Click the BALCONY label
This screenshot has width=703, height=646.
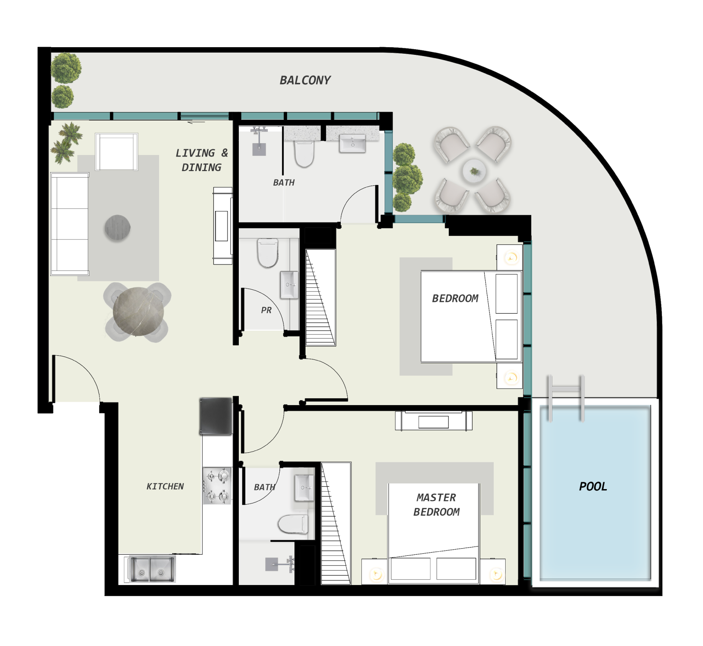[305, 80]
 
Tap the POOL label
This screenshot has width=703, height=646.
[593, 486]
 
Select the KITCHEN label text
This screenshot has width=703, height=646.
[165, 486]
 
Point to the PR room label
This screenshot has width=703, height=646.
[266, 310]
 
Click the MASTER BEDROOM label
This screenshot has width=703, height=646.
[437, 504]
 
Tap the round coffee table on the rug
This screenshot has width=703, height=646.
[118, 228]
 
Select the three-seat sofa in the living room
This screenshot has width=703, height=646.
[70, 224]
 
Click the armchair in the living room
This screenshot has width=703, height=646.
[117, 152]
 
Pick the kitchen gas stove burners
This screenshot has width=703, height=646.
[217, 486]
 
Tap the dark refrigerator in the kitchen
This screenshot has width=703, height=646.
[216, 416]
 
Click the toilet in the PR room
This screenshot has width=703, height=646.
[268, 252]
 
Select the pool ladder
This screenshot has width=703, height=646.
[566, 398]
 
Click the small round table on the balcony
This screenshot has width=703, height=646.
[474, 171]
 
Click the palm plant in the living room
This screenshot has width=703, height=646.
[66, 143]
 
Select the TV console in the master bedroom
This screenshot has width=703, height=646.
[434, 421]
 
